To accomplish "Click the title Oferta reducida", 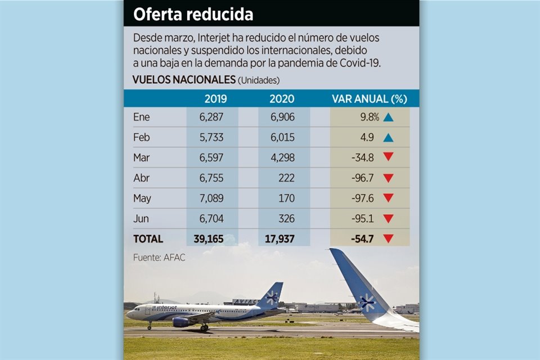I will point(193,15).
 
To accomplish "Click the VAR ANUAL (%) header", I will point(368,99).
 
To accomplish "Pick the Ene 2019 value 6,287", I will point(211,117).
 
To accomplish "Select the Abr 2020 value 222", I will point(286,178).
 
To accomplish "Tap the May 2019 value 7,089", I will point(211,198).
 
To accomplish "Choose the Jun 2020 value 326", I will point(286,218).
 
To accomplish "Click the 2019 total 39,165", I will point(208,238).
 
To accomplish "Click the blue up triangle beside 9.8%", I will point(388,118).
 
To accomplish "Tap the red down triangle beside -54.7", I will point(388,239).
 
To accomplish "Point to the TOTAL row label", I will point(148,238).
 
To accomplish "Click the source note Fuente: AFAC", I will point(159,258).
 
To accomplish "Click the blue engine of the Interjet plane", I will point(182,322).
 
